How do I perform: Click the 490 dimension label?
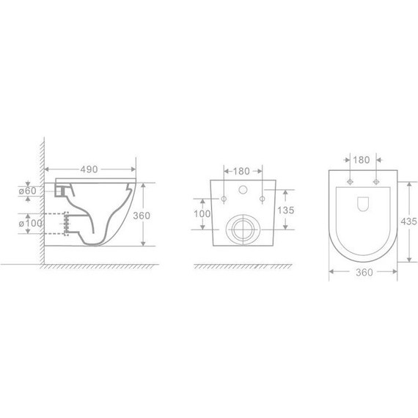click(x=89, y=169)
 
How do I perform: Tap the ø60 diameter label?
click(x=27, y=191)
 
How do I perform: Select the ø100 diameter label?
click(x=30, y=223)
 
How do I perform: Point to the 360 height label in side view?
click(x=142, y=216)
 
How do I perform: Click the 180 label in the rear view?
click(x=241, y=171)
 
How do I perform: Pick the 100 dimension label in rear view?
click(x=202, y=214)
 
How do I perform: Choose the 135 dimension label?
click(x=286, y=210)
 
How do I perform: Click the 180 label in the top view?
click(x=362, y=160)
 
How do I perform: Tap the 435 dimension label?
click(x=408, y=221)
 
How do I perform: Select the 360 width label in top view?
click(x=364, y=272)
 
